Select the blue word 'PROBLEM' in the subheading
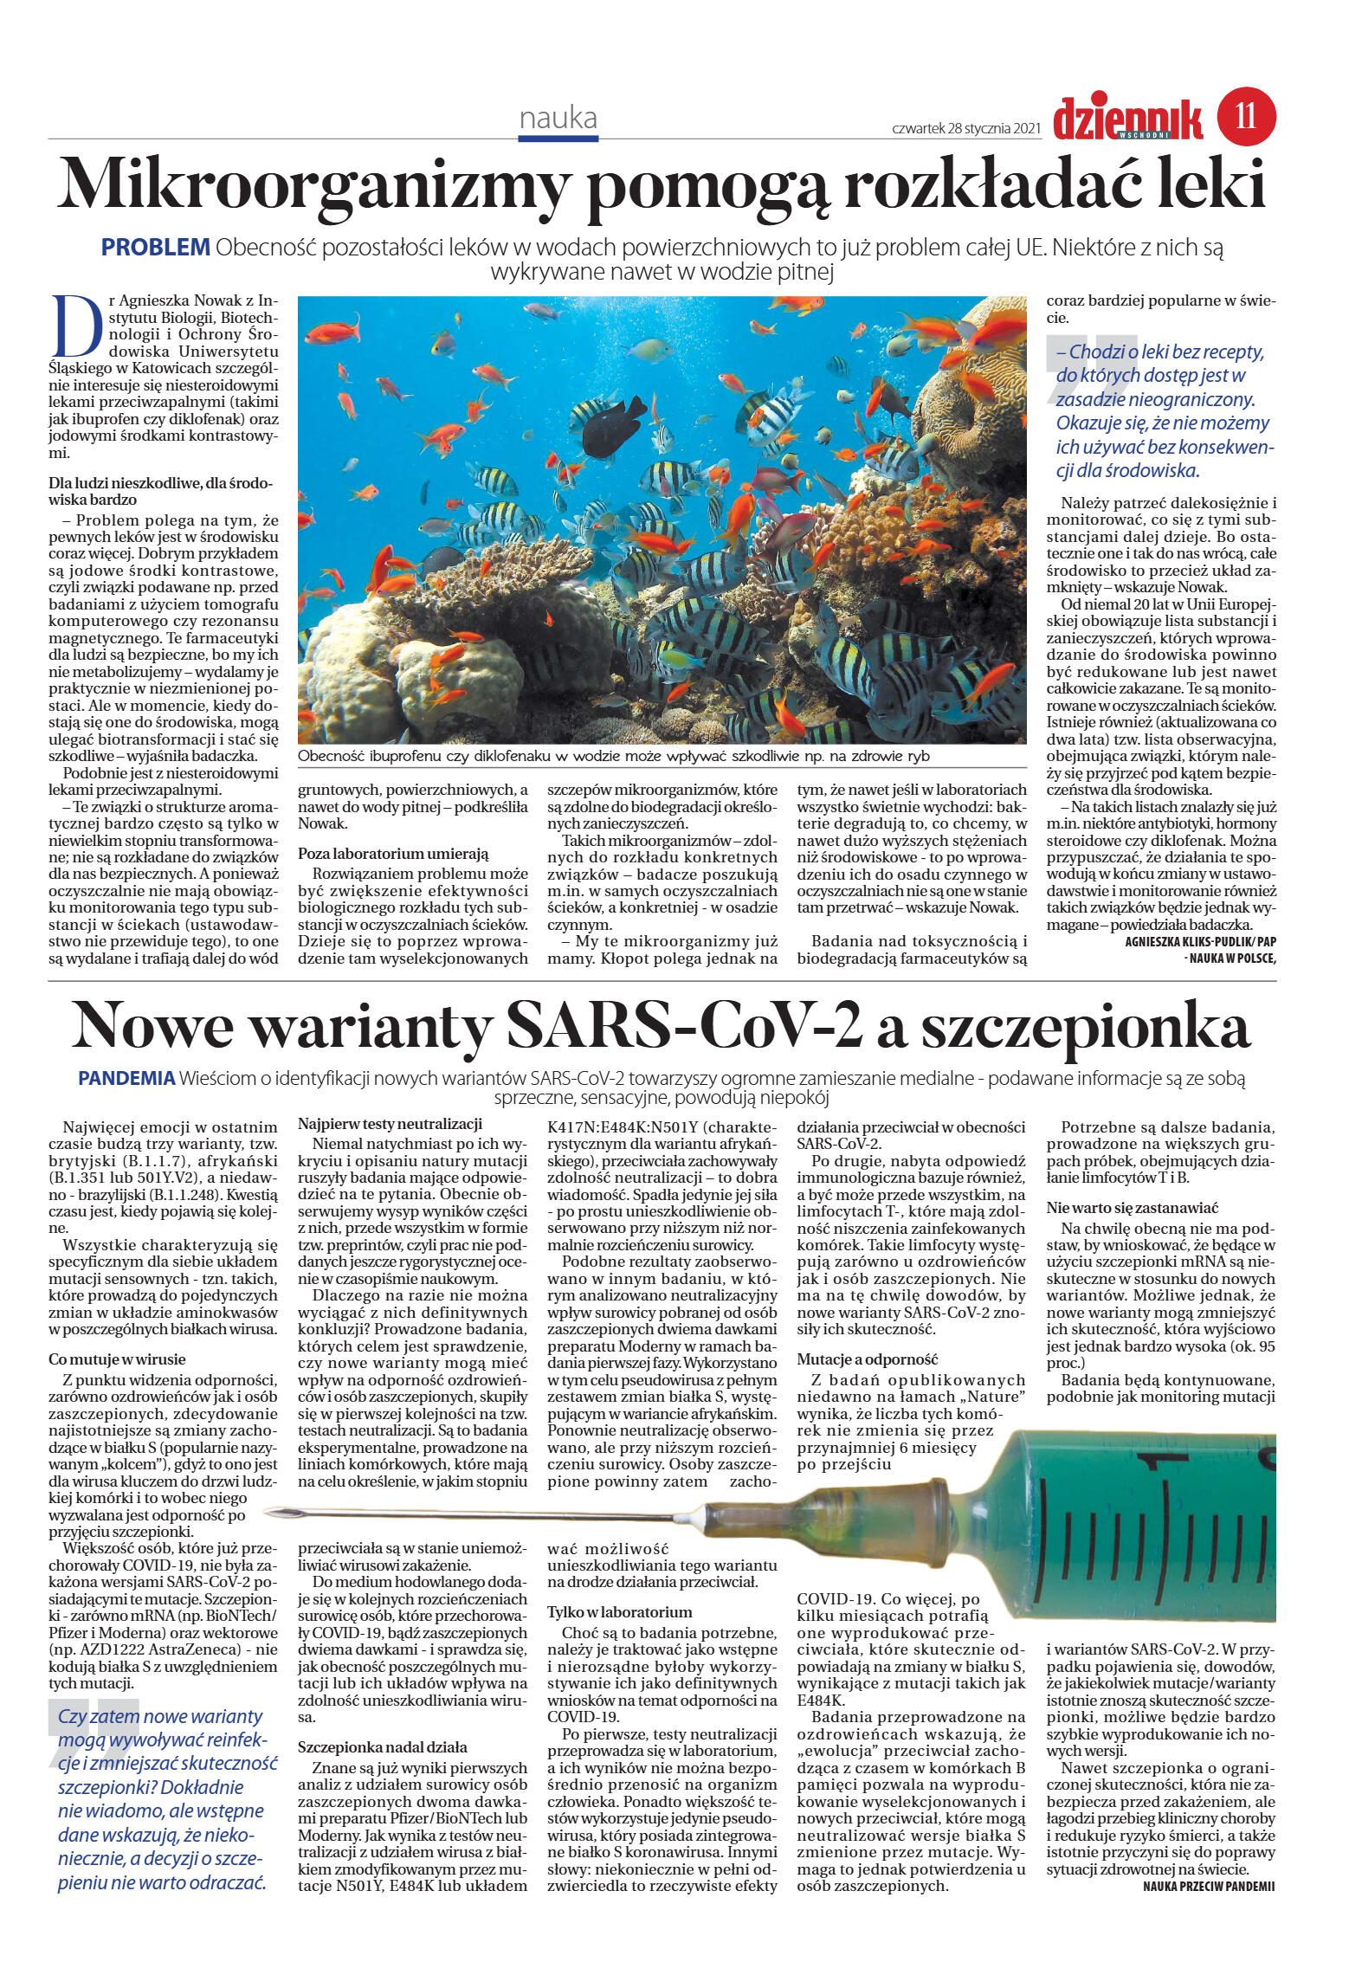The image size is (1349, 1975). tap(156, 247)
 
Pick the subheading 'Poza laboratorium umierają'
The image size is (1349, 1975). tap(394, 853)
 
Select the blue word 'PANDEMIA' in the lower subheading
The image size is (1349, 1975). tap(126, 1079)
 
